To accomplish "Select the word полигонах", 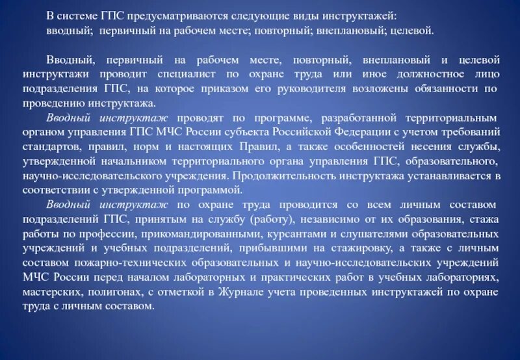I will coord(133,292).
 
